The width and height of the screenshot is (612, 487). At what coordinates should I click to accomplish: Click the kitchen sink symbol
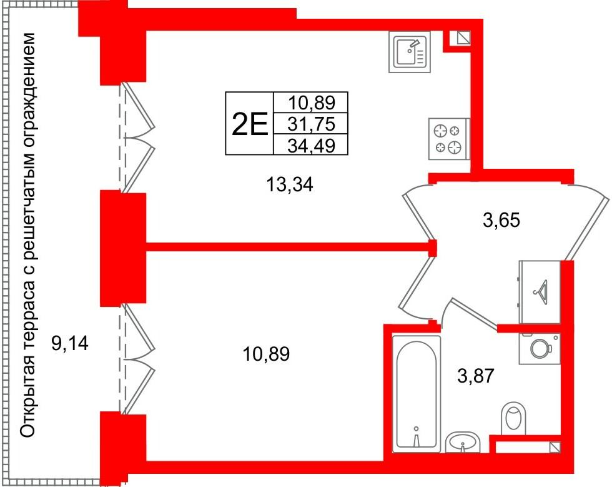410,52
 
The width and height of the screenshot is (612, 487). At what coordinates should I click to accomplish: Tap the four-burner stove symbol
449,139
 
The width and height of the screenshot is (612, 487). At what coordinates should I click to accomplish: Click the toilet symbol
513,419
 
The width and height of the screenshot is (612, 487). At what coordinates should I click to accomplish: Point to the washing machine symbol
540,349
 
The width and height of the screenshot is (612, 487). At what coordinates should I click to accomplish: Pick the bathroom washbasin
463,442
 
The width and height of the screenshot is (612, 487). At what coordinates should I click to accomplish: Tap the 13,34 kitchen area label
290,184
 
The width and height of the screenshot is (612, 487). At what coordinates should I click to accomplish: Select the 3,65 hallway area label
501,220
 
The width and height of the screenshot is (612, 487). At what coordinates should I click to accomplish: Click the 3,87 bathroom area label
476,376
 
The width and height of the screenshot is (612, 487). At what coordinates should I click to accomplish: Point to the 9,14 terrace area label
70,344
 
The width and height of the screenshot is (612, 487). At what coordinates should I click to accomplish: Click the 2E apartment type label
250,124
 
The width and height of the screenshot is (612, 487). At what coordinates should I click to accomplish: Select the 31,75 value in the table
312,124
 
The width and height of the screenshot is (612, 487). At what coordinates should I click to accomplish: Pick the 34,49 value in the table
312,146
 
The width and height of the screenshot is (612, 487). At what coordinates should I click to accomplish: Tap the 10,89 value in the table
312,103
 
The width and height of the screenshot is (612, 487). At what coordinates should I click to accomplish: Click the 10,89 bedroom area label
266,354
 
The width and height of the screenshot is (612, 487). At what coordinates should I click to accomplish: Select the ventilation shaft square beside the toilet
555,448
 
